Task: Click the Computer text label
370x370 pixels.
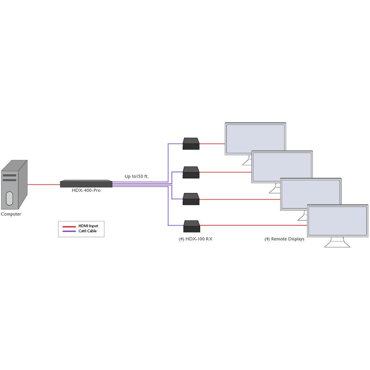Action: (x=11, y=214)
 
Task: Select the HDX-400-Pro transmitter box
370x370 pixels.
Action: (x=86, y=184)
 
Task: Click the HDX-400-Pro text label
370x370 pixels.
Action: (x=86, y=190)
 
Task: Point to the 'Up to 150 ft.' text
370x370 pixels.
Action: (x=137, y=176)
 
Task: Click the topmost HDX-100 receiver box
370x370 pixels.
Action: (x=191, y=144)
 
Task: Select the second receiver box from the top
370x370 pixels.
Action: (x=191, y=172)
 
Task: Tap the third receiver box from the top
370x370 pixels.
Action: (x=191, y=199)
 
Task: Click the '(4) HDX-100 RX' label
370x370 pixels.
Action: (x=196, y=239)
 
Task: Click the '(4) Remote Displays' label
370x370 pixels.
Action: (x=284, y=239)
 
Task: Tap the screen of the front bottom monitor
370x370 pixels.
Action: (x=337, y=221)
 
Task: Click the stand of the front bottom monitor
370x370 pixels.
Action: (x=337, y=243)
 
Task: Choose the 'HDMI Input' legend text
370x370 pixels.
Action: (x=88, y=226)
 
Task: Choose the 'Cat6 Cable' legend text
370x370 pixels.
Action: (x=87, y=231)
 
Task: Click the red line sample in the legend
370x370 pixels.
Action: (x=69, y=226)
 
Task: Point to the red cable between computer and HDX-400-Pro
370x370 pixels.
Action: (x=44, y=184)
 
